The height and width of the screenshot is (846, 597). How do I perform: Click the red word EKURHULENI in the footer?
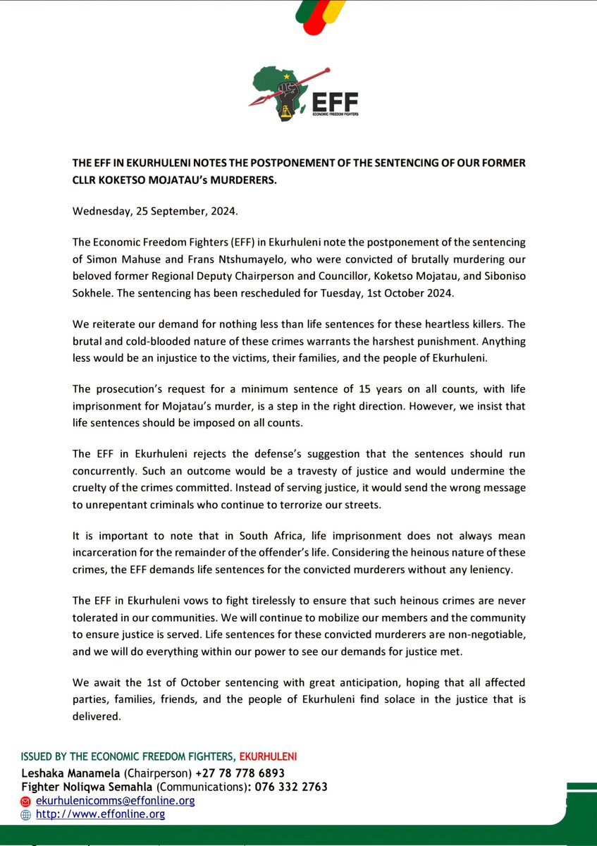269,756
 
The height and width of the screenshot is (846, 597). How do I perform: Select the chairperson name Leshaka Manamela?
68,773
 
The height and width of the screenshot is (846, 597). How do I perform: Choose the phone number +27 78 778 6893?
240,773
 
